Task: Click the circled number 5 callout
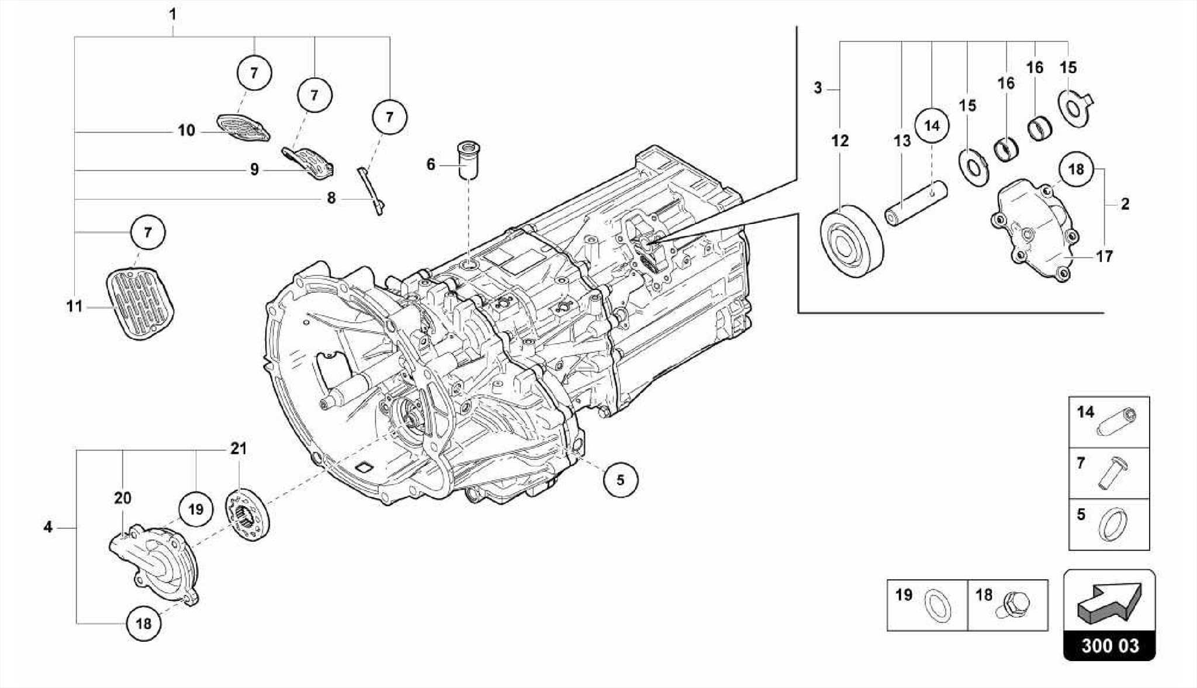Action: coord(620,480)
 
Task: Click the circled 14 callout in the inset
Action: coord(932,126)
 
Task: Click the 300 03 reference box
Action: coord(1109,645)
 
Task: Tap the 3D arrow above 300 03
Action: coord(1109,600)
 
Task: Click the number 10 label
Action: coord(186,130)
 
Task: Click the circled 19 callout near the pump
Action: coord(196,509)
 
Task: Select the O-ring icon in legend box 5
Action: coord(1113,524)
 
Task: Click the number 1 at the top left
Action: coord(173,13)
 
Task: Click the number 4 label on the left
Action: coord(48,527)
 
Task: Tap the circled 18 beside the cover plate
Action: coord(1075,170)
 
